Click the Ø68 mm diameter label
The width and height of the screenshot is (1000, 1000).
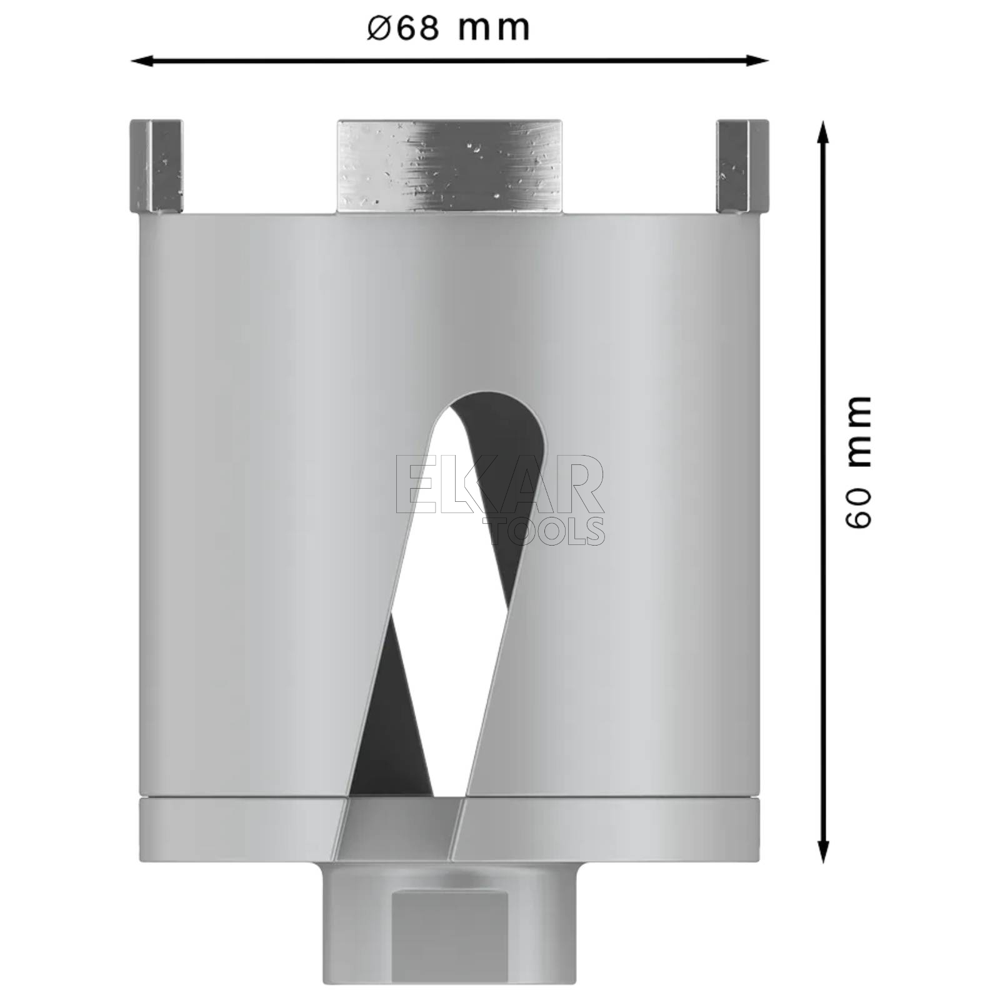tap(448, 28)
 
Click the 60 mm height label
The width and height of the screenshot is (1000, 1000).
tap(857, 461)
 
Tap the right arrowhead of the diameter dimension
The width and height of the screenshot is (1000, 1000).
tap(757, 61)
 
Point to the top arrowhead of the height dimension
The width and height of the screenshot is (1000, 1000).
tap(824, 132)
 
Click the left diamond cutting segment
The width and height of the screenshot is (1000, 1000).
tap(156, 166)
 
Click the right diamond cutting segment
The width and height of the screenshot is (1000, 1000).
tap(742, 166)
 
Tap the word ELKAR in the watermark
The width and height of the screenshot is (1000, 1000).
tap(500, 485)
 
